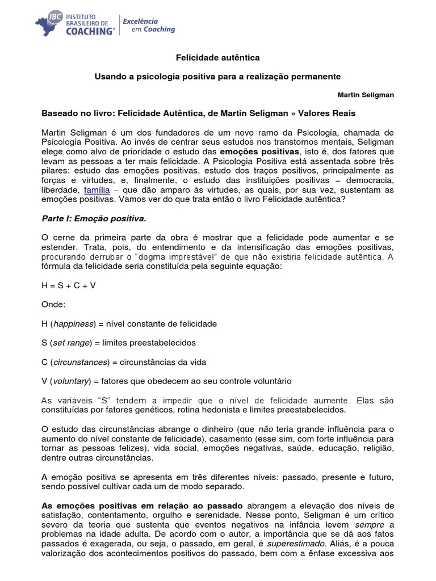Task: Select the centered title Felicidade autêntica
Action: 218,58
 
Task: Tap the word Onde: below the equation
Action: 53,305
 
